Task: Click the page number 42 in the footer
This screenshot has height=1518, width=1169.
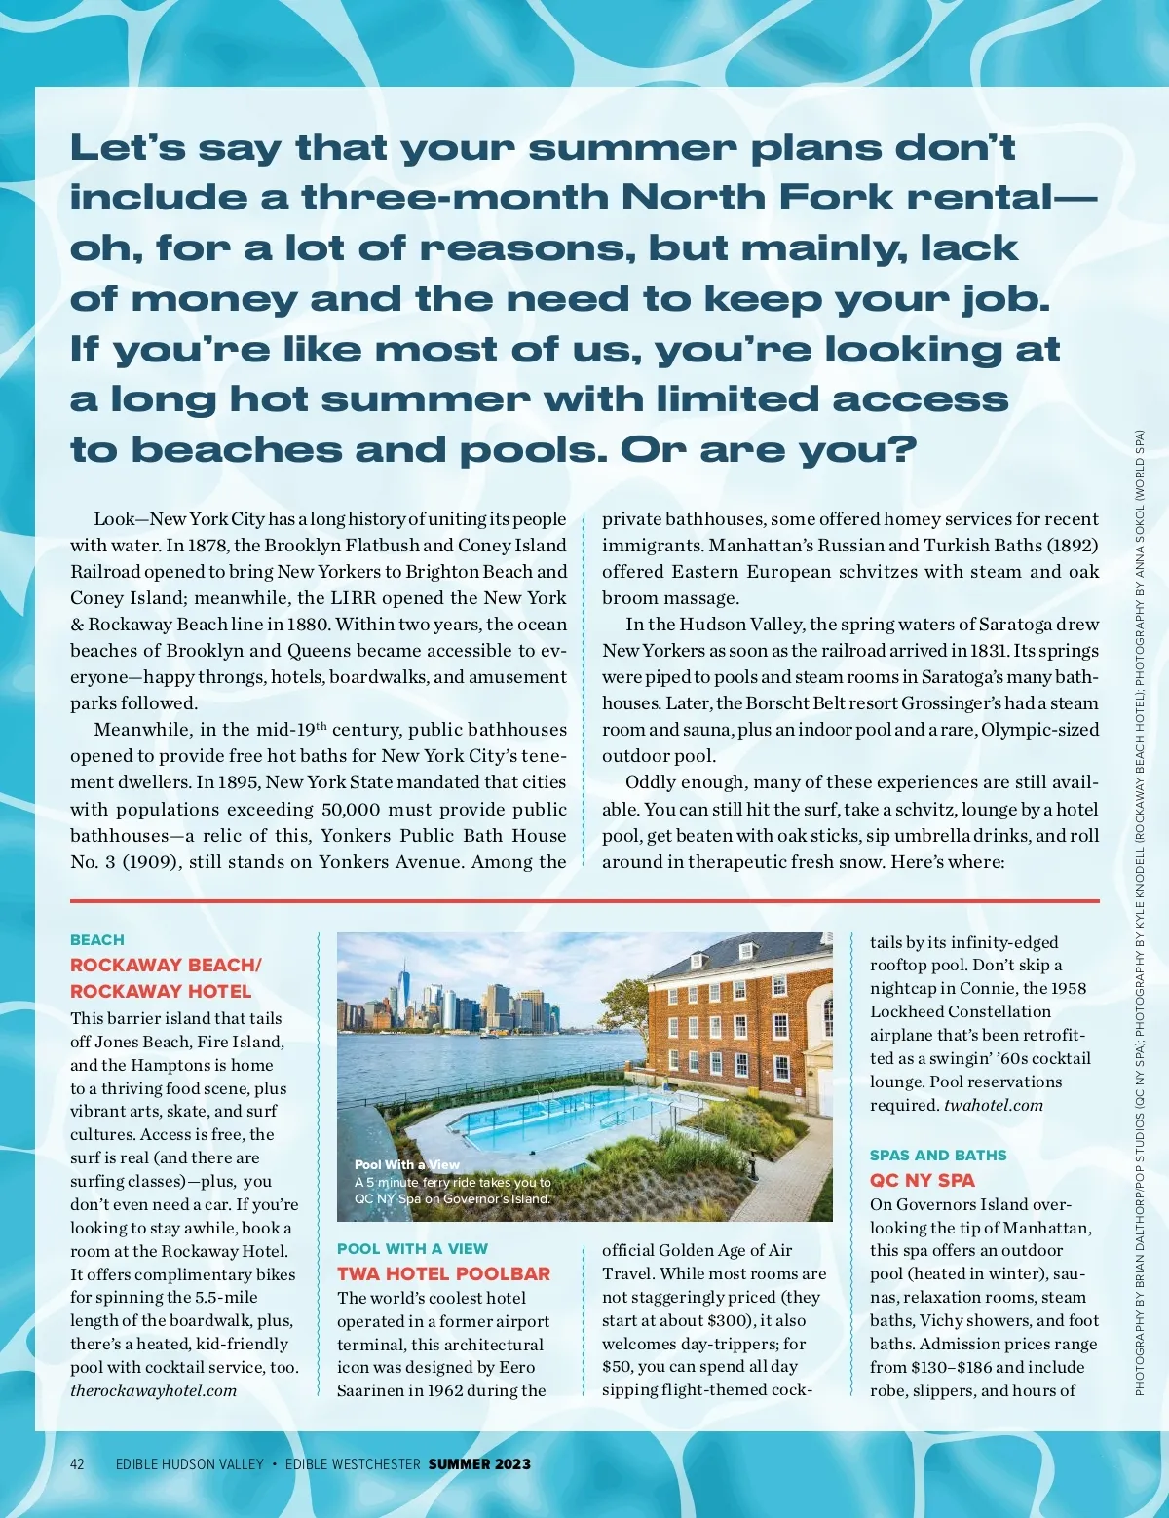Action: point(77,1463)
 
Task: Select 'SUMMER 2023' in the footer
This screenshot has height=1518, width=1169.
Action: point(479,1463)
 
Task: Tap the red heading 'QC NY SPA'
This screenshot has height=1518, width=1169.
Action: point(922,1180)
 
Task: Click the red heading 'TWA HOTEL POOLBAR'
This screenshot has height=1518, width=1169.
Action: point(443,1273)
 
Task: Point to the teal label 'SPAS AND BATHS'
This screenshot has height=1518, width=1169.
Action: point(937,1156)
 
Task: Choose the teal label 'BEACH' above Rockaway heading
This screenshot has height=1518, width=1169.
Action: point(96,940)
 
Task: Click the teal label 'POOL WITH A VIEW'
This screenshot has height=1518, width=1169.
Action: point(412,1248)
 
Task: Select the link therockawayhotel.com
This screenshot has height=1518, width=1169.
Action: point(153,1390)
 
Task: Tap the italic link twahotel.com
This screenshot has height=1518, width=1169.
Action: point(994,1105)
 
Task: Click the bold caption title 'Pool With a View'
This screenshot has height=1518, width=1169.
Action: point(406,1164)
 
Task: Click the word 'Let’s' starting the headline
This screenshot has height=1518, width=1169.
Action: point(127,148)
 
